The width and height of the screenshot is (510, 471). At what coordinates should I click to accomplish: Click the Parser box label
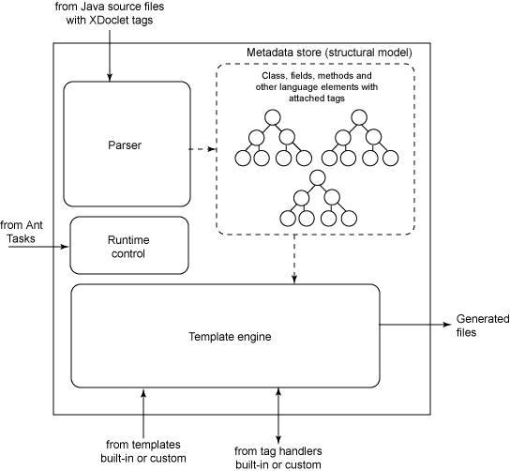(x=125, y=144)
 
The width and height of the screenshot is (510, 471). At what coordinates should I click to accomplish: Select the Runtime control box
(x=129, y=246)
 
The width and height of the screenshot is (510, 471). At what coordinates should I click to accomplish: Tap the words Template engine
(x=230, y=336)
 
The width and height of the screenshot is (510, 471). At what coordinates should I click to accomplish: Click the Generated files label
(x=483, y=326)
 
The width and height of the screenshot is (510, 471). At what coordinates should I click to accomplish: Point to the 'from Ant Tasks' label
(x=22, y=232)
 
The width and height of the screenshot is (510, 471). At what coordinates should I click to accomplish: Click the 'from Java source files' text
(x=110, y=7)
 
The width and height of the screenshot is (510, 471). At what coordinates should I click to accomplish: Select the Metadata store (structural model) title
(x=329, y=53)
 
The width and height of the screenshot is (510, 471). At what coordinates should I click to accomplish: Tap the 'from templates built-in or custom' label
(x=143, y=451)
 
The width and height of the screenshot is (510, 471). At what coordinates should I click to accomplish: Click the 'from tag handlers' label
(x=278, y=451)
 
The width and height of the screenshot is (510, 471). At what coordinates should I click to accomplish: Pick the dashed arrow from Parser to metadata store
(x=202, y=149)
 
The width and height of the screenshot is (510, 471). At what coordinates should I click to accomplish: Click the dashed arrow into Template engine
(x=294, y=259)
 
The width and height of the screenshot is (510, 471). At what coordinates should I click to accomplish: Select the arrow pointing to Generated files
(x=415, y=325)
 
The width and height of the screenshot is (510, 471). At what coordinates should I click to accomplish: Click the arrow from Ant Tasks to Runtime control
(x=38, y=247)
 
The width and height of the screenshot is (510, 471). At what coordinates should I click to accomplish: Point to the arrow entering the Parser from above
(x=110, y=55)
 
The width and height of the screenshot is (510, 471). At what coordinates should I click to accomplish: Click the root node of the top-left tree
(x=273, y=117)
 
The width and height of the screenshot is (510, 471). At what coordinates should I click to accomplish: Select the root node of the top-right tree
(x=359, y=117)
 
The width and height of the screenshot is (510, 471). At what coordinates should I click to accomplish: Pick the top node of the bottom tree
(x=318, y=177)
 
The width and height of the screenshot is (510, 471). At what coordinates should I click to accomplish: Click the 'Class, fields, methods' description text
(x=317, y=87)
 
